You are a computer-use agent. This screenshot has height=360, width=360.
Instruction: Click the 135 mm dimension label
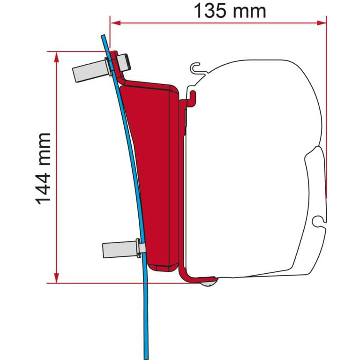pyautogui.click(x=230, y=11)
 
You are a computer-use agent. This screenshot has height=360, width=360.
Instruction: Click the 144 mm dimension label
pyautogui.click(x=44, y=168)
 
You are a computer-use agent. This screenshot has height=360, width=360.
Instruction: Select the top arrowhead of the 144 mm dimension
pyautogui.click(x=57, y=56)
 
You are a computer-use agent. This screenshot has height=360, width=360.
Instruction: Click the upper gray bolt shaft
pyautogui.click(x=88, y=70)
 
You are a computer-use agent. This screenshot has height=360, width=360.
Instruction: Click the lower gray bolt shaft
pyautogui.click(x=117, y=248)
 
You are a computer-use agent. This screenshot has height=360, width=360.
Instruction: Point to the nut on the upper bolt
pyautogui.click(x=124, y=60)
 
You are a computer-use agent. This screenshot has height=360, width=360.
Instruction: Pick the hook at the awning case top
pyautogui.click(x=197, y=68)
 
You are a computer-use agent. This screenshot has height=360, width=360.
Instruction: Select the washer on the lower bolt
pyautogui.click(x=139, y=247)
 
